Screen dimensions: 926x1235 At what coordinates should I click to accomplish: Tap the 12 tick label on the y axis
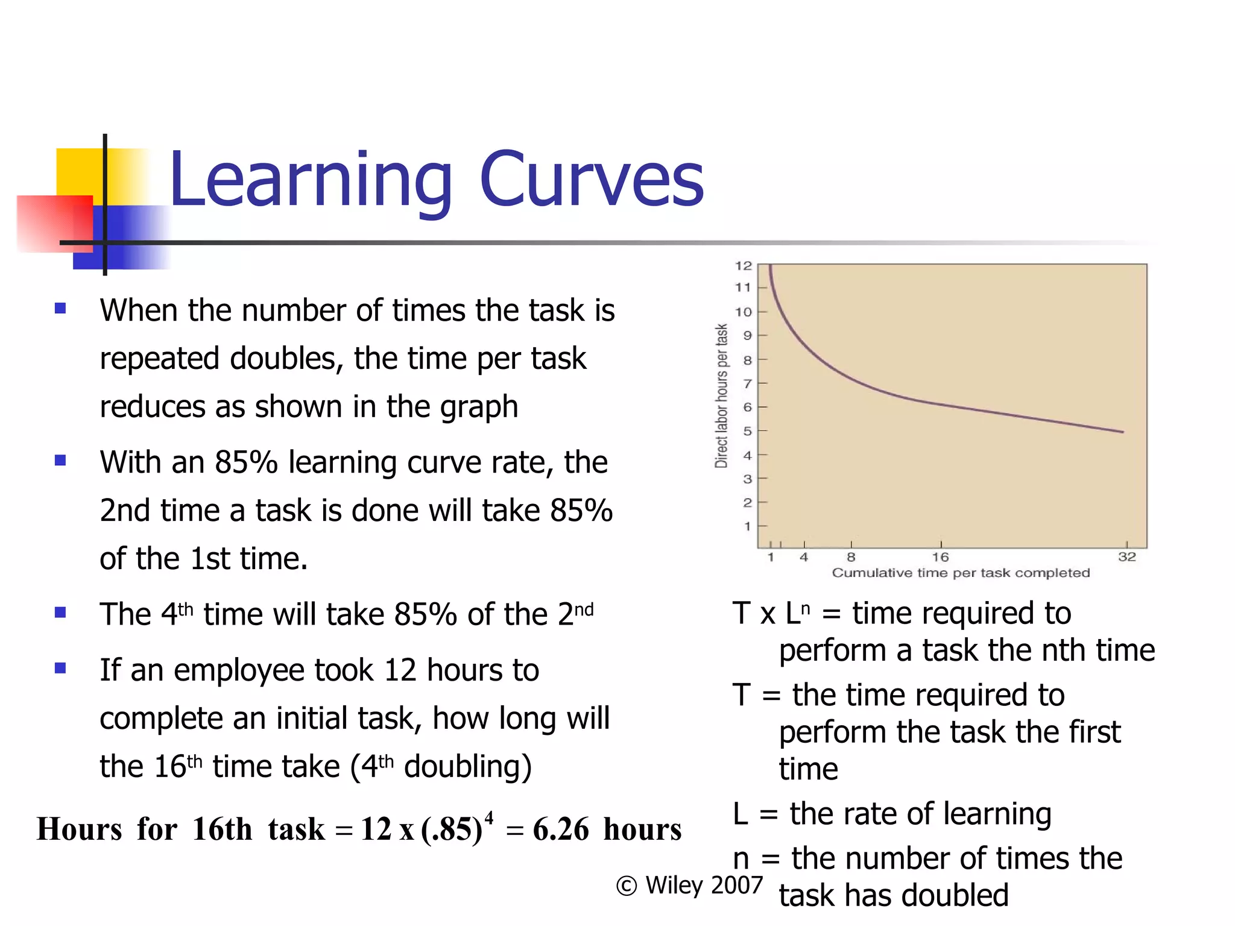click(x=743, y=266)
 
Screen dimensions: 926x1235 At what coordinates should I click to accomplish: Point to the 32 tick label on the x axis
click(x=1126, y=557)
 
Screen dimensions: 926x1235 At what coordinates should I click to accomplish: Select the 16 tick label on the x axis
click(x=940, y=557)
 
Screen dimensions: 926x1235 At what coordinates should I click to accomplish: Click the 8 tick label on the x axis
click(x=851, y=557)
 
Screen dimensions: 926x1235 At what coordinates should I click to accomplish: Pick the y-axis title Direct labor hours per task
click(x=721, y=396)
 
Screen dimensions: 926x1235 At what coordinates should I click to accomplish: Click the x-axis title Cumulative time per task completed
click(x=961, y=573)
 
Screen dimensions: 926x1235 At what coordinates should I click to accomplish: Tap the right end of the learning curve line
click(x=1122, y=432)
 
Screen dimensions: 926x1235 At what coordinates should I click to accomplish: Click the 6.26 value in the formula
click(x=560, y=830)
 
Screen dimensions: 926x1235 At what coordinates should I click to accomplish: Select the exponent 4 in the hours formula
click(x=489, y=817)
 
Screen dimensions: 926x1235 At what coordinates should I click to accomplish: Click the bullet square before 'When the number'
click(x=60, y=309)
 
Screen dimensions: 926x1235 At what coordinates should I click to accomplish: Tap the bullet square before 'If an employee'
click(x=60, y=668)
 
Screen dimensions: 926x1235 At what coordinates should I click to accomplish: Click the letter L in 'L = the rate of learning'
click(x=741, y=814)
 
